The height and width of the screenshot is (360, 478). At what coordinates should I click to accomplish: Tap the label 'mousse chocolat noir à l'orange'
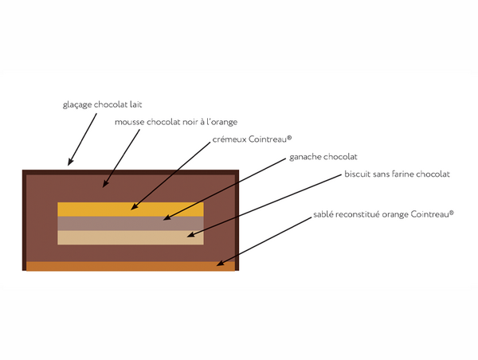coord(176,122)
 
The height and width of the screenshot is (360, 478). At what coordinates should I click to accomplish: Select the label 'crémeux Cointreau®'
coord(246,139)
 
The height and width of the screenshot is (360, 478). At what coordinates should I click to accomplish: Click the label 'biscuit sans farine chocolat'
coord(397,174)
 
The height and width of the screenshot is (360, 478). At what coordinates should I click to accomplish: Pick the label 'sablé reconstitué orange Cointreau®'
coord(384,214)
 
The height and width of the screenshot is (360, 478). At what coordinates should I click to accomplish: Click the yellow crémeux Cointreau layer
coord(96,209)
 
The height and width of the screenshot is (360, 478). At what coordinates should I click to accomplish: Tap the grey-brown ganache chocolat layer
coord(96,224)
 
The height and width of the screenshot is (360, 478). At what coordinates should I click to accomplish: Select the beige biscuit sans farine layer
coord(96,237)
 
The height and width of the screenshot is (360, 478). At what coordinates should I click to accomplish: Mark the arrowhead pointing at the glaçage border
coord(70,163)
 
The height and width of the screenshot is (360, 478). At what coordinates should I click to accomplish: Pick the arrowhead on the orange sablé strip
coord(220,263)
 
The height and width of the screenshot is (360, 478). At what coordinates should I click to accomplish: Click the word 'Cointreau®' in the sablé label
coord(430,214)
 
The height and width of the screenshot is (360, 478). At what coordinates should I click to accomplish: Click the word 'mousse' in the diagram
coord(130,122)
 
